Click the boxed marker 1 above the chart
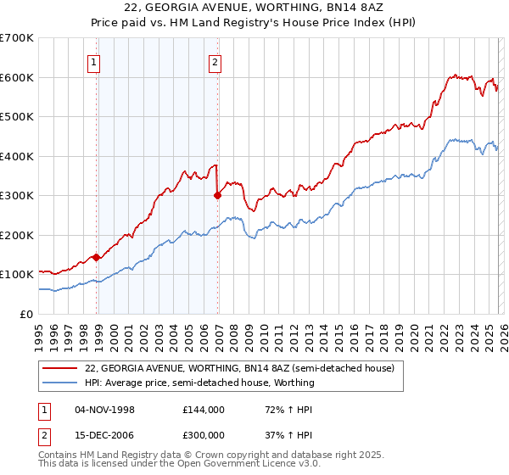click(92, 61)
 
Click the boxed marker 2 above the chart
click(215, 61)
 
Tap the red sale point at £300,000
click(218, 195)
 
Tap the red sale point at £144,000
click(97, 257)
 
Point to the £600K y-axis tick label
click(17, 77)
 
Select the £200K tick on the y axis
click(17, 235)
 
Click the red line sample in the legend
click(60, 369)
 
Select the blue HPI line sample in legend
click(60, 383)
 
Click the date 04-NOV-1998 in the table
click(104, 410)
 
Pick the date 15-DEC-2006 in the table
click(104, 437)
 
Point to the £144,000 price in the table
click(203, 410)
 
